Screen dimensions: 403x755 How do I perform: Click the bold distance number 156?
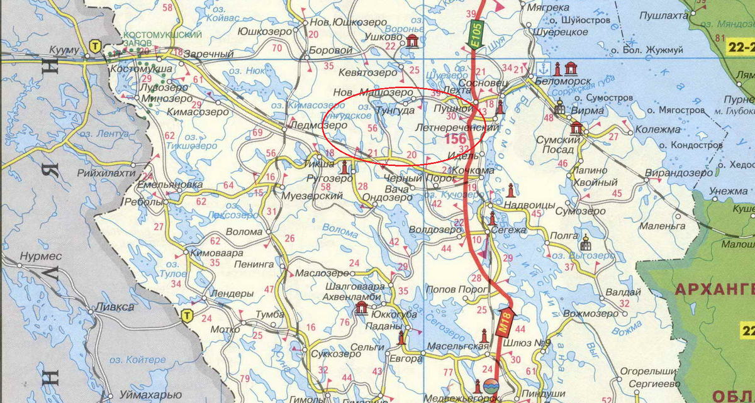point(456,138)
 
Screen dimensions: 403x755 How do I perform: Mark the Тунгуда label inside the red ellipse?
point(394,111)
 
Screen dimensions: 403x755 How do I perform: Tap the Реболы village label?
point(146,202)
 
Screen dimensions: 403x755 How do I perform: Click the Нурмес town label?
point(41,257)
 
